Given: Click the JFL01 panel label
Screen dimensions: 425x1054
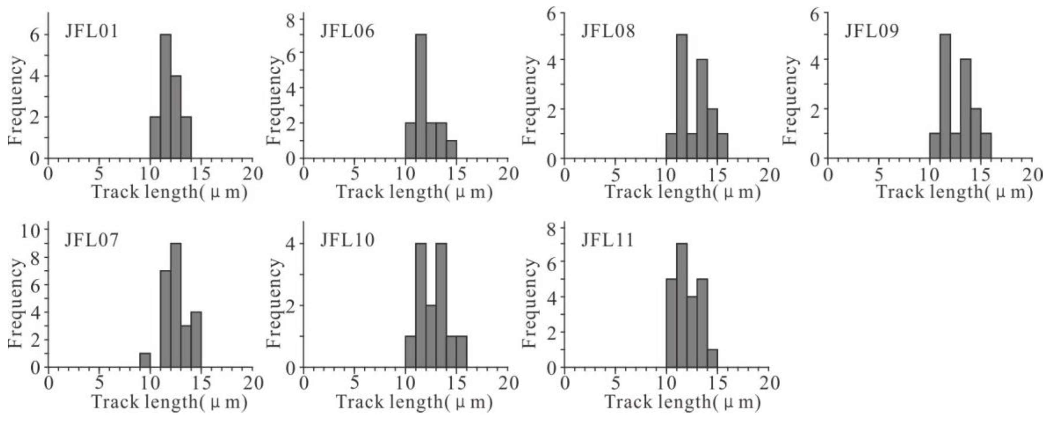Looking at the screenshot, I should (91, 31).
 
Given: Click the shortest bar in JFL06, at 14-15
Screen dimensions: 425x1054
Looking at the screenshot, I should (451, 149).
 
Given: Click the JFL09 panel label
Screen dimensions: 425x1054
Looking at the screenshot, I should (872, 31).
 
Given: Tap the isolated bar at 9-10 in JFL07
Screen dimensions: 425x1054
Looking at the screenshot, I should (145, 360).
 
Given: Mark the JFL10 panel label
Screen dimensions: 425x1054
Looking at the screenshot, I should (347, 240).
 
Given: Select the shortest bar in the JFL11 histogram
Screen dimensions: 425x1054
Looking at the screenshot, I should (712, 358).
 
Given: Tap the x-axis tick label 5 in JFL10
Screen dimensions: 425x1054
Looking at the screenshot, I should (355, 383).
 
